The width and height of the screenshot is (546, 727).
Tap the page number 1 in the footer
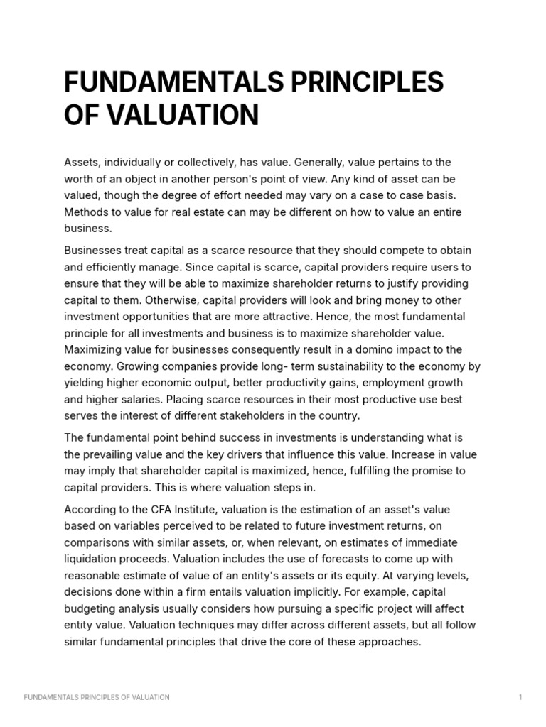click(520, 697)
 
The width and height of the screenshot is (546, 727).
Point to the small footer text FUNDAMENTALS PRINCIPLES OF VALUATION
click(97, 697)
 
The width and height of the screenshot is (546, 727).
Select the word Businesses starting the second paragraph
click(93, 251)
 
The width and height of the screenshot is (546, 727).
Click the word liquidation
click(93, 559)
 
